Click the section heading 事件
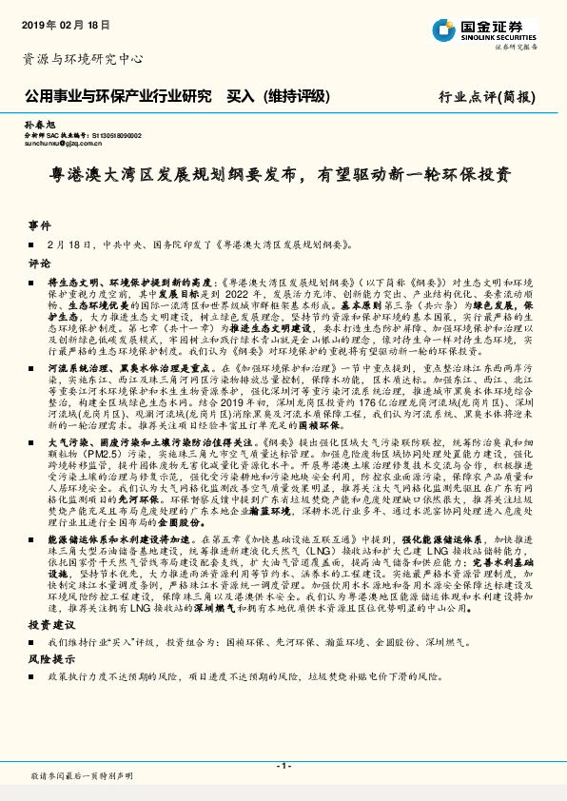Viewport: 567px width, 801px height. click(x=39, y=225)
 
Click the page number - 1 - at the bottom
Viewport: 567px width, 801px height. click(x=283, y=766)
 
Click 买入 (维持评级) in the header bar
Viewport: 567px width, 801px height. click(x=284, y=96)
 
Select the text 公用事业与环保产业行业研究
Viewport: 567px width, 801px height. click(x=116, y=96)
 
